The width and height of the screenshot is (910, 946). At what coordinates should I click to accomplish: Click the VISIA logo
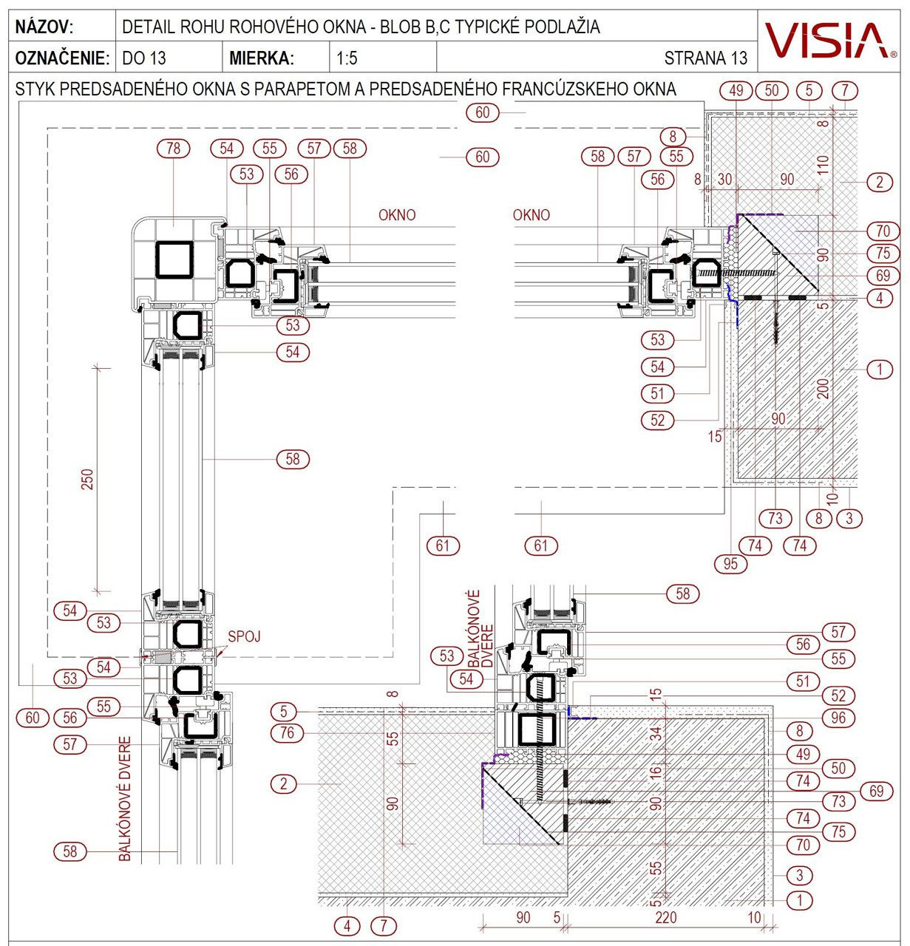(x=826, y=40)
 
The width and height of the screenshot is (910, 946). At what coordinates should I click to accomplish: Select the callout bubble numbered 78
(x=173, y=149)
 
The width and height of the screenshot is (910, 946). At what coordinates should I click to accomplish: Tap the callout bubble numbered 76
(x=288, y=733)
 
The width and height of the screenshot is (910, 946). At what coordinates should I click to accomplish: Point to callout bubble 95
(x=730, y=563)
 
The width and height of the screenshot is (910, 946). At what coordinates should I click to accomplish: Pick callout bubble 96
(x=838, y=717)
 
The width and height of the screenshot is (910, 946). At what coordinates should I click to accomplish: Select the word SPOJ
(x=243, y=635)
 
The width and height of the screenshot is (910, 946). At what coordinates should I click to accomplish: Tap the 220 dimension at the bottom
(x=665, y=918)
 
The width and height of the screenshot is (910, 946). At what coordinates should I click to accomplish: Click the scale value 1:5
(x=347, y=58)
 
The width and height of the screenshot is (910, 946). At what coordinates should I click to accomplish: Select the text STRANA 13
(x=705, y=58)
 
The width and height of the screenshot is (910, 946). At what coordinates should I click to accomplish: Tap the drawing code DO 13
(x=143, y=58)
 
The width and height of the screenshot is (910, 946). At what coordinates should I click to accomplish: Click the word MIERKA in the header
(x=261, y=58)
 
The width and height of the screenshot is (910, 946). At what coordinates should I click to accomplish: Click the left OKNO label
(x=397, y=215)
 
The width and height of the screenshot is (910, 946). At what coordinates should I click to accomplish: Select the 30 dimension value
(x=724, y=179)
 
